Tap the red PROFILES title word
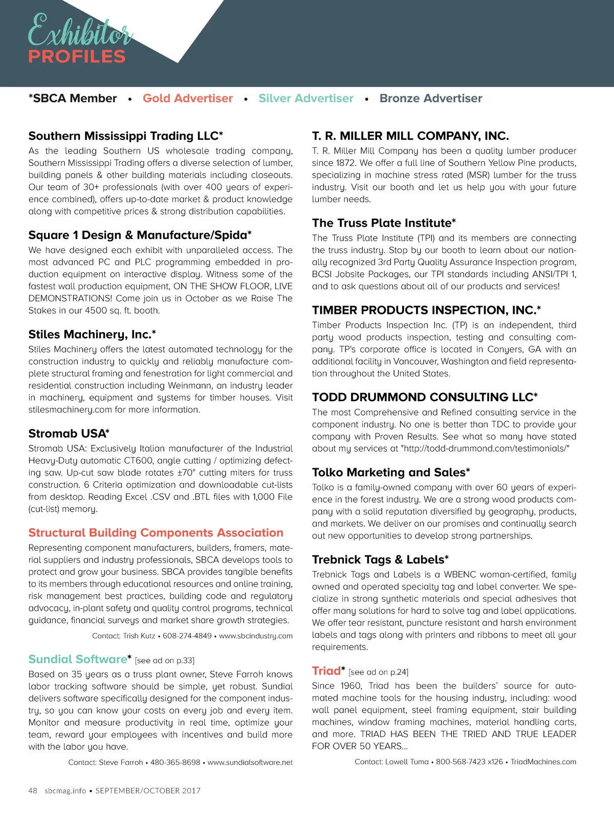click(x=77, y=57)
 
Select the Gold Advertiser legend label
click(x=187, y=98)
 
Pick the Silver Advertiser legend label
click(x=305, y=98)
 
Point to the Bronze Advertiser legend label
click(x=430, y=98)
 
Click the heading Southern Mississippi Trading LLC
click(x=125, y=136)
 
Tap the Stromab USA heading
click(x=69, y=434)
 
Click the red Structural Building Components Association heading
click(x=156, y=533)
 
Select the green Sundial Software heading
click(x=78, y=659)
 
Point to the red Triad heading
click(x=326, y=671)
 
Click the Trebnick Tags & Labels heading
click(x=380, y=560)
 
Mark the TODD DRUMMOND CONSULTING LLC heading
click(x=425, y=397)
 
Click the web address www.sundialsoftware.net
click(x=250, y=763)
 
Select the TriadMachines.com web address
click(x=543, y=762)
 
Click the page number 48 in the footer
click(x=33, y=791)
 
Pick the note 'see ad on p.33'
click(x=165, y=661)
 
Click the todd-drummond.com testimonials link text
click(x=485, y=449)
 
